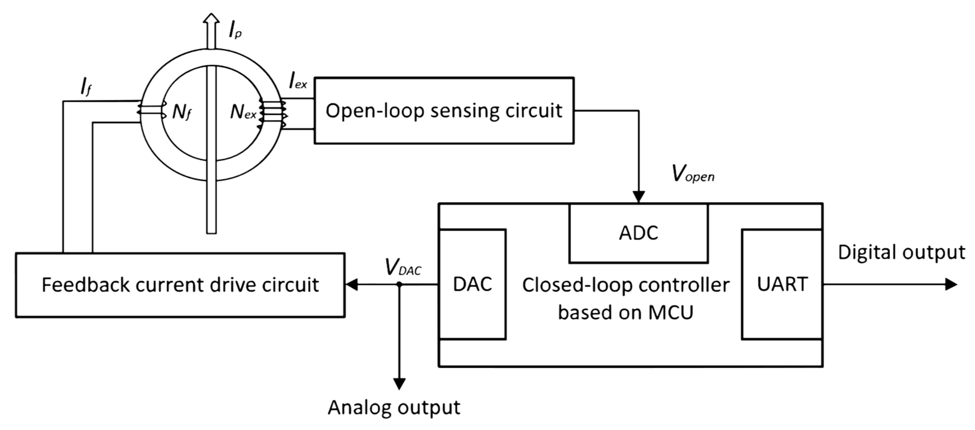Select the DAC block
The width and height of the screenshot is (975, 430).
click(472, 284)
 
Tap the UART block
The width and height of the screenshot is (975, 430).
click(782, 284)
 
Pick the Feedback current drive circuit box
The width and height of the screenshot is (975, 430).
click(180, 285)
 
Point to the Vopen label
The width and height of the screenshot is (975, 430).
click(693, 174)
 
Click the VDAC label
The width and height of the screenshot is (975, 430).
click(403, 267)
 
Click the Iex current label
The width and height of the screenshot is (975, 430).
click(297, 81)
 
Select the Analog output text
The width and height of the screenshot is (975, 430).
click(394, 408)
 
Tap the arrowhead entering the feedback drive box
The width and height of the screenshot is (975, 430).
click(352, 284)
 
